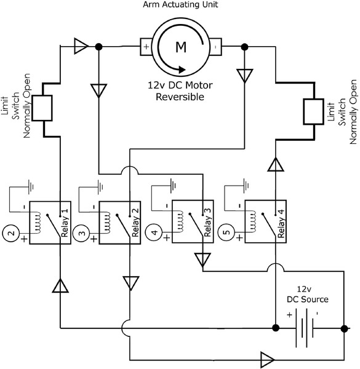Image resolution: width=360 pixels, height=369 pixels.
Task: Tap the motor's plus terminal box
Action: click(145, 46)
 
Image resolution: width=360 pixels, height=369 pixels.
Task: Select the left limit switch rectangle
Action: click(43, 108)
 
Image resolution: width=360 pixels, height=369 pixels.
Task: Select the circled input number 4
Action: click(154, 234)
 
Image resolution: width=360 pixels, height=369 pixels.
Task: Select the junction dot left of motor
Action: click(98, 46)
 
